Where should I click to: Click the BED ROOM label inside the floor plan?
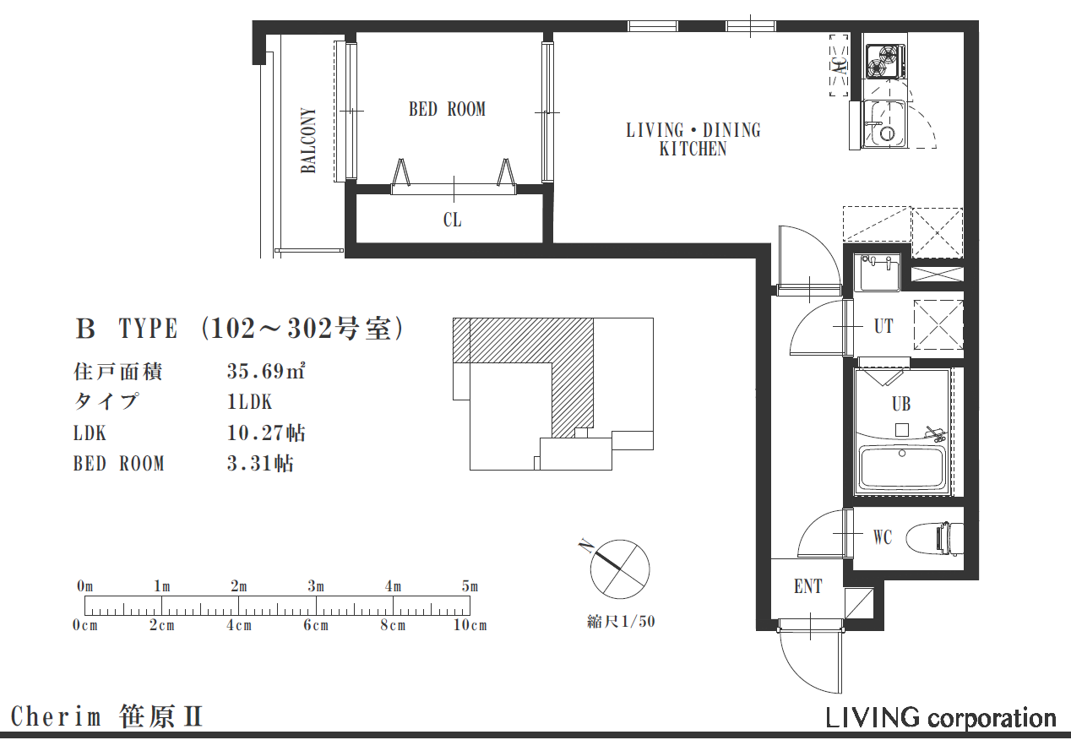(447, 110)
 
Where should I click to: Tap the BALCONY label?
(309, 140)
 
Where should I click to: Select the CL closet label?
(453, 220)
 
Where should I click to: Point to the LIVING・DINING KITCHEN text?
(693, 139)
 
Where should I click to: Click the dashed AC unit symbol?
(839, 65)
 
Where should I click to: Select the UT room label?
(883, 327)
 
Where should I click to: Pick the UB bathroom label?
(901, 404)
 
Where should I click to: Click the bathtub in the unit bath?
(902, 469)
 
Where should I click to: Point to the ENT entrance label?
(808, 586)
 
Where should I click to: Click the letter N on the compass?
(584, 547)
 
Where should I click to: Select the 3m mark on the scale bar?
(316, 586)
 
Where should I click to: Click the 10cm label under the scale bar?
(470, 625)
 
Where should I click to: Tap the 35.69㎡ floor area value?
(266, 371)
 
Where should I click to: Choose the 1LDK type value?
(249, 402)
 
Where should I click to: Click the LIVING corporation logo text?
(940, 718)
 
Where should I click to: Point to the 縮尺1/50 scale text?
(621, 622)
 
